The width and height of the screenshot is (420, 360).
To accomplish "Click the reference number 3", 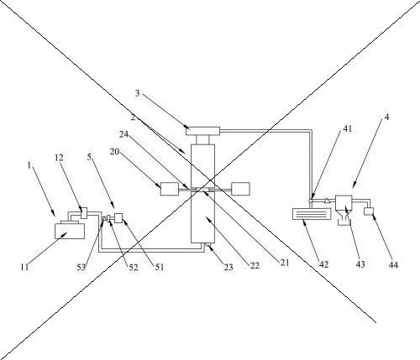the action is (x=137, y=93).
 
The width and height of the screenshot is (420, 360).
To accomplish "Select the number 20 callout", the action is (x=114, y=152).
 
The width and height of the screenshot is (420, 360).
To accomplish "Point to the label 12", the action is (x=59, y=158).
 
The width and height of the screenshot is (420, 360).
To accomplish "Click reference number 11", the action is (x=24, y=267).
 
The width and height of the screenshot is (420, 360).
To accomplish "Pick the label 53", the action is (x=81, y=268).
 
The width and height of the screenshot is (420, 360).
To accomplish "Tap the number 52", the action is (x=134, y=268).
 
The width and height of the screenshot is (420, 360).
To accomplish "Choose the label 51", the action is (x=160, y=267).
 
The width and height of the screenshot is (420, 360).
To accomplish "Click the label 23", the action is (x=228, y=268).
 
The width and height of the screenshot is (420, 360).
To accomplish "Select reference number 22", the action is (x=255, y=265).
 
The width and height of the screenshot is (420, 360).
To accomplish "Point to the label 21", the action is (x=285, y=263).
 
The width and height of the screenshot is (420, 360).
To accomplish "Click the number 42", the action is (x=323, y=264).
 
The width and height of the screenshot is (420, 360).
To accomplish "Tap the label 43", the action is (x=360, y=264).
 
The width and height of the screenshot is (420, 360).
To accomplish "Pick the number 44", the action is (x=393, y=264).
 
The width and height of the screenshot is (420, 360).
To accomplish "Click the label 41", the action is (x=347, y=128).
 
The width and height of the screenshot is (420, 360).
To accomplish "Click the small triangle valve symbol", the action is (x=327, y=200).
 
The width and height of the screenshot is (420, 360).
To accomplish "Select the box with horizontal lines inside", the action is (x=312, y=214).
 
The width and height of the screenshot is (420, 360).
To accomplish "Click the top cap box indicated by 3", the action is (x=202, y=131).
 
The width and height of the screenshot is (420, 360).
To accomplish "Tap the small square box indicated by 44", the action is (x=369, y=211).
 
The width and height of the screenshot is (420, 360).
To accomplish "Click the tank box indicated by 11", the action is (x=70, y=231).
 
